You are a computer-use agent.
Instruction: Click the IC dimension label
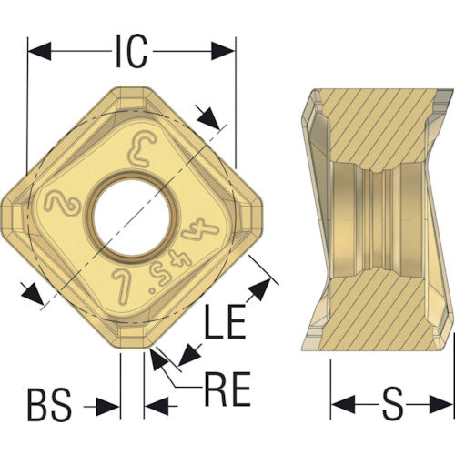click(x=131, y=51)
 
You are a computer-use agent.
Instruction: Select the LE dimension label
click(x=225, y=321)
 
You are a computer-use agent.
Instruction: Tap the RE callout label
click(x=227, y=389)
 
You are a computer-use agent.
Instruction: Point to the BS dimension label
click(x=50, y=405)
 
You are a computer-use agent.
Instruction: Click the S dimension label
click(x=392, y=404)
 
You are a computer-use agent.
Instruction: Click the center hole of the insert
click(x=131, y=217)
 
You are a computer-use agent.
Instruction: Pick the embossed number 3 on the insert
click(x=142, y=149)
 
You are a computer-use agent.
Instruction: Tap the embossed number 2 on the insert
click(x=62, y=204)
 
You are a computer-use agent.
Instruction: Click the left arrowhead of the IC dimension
click(x=39, y=51)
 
